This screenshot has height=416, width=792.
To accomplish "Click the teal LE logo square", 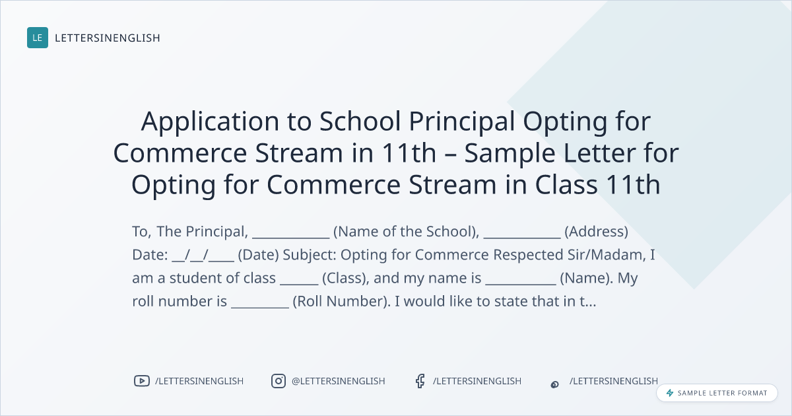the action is coord(38,38).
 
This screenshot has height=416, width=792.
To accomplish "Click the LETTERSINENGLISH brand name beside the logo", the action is coord(108,38).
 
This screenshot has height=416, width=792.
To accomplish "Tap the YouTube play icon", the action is coord(142,381).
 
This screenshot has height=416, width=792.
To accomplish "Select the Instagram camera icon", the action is coord(279,381).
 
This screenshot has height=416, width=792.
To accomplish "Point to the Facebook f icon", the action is coord(420,381).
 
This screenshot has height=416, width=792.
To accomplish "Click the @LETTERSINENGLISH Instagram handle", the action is coord(339,381).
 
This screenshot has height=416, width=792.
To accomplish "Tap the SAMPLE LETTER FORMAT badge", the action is coord(717,393).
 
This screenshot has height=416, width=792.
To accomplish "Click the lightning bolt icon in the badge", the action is coord(670,393).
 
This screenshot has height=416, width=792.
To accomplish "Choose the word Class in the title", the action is coord(566,185).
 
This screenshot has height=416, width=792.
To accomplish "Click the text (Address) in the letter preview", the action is coord(597,232).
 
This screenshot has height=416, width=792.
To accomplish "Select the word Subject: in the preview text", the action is coord(310,255).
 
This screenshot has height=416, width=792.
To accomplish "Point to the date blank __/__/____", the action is coord(203,255).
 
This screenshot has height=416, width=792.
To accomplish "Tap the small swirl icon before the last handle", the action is coord(555,384).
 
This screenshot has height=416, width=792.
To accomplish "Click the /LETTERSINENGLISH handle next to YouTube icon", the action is coord(199,381).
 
